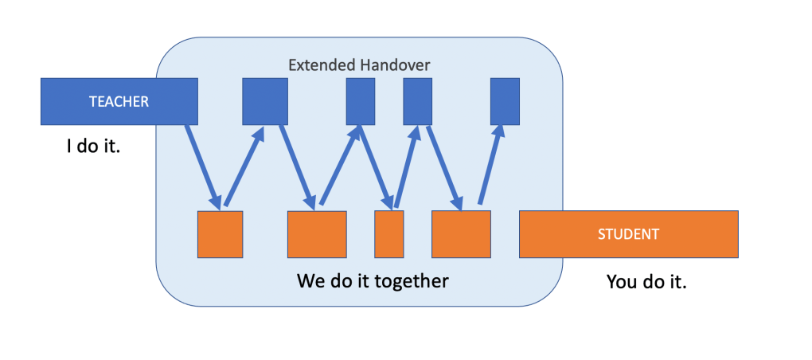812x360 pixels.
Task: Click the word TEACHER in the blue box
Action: [119, 101]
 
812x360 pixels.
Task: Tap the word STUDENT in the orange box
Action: [628, 234]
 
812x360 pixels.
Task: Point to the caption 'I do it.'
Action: [93, 147]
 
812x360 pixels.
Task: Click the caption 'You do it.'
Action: [646, 281]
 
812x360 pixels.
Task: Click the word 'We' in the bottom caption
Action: [310, 281]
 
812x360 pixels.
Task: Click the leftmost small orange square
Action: [220, 234]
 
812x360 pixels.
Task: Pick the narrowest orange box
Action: [388, 234]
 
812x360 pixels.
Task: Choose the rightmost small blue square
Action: [505, 101]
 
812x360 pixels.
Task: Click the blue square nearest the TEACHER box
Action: [264, 101]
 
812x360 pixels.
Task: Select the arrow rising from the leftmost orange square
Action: [244, 165]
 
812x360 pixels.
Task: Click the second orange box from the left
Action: [317, 234]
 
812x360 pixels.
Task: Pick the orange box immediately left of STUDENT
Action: [460, 234]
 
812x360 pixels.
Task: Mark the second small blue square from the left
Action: [360, 101]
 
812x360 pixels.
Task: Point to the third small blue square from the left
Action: [417, 101]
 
